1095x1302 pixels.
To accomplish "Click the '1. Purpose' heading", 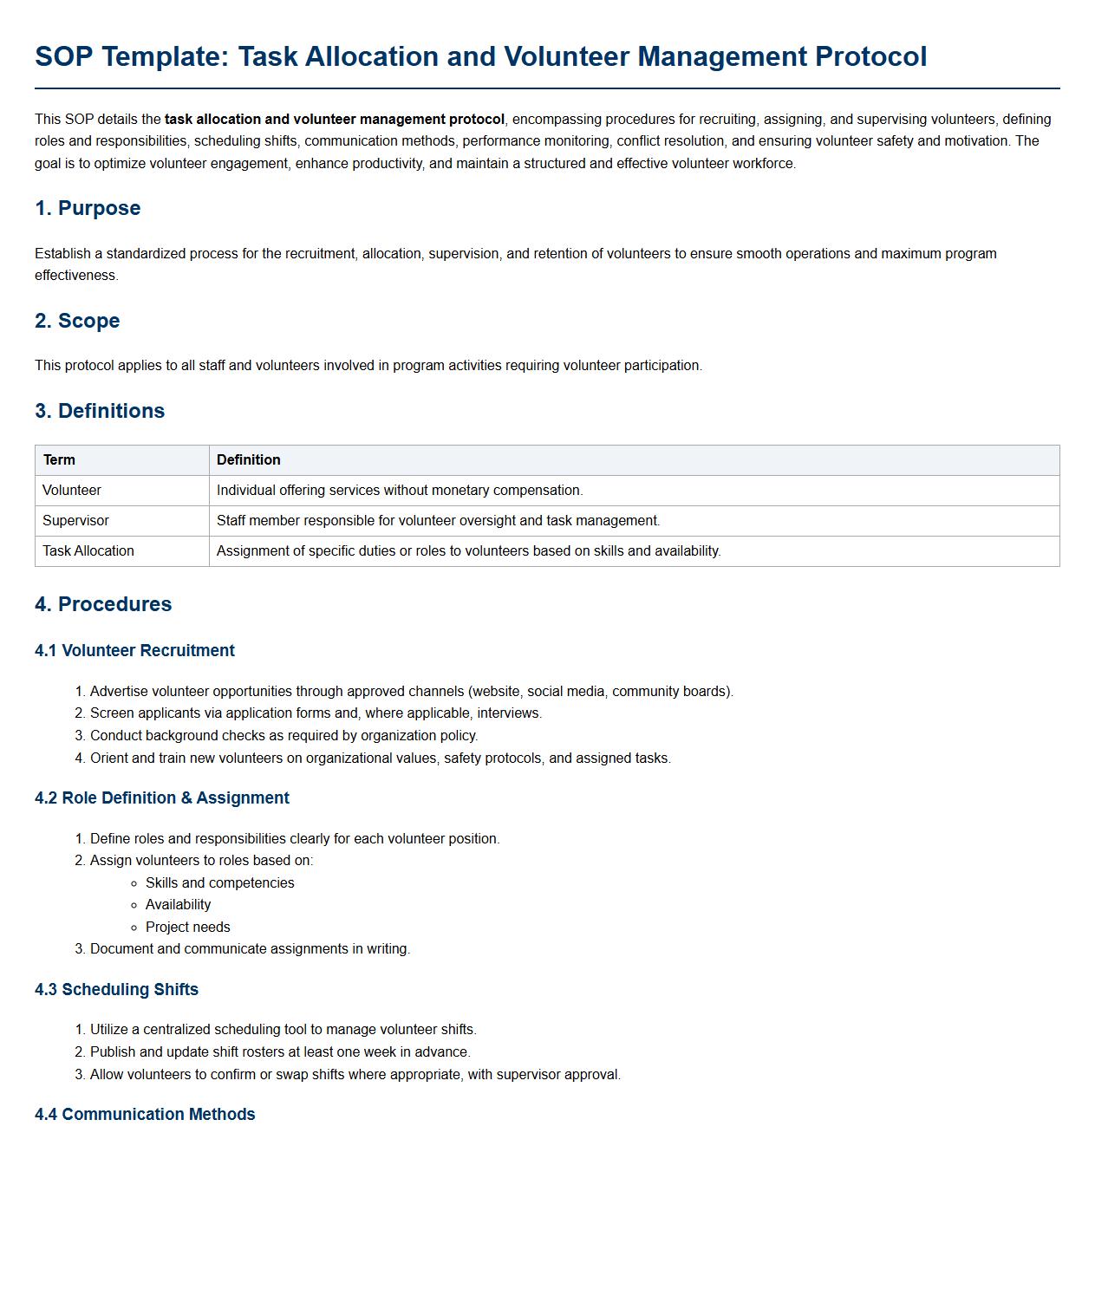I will (88, 208).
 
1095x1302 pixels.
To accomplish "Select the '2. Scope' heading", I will (77, 321).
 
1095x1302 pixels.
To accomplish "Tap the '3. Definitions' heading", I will (100, 411).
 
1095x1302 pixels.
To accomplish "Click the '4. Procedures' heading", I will (103, 604).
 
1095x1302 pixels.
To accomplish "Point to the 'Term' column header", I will (59, 460).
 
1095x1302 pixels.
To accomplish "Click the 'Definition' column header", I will (249, 460).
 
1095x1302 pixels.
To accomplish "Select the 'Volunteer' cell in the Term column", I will (72, 491).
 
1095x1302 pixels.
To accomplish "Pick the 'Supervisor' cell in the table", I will (75, 521).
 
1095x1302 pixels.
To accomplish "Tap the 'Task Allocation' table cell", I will (88, 551).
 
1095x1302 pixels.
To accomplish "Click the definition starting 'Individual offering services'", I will (400, 491).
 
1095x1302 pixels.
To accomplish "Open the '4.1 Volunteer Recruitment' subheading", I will (134, 651).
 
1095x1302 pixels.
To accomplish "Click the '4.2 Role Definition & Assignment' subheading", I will (162, 798).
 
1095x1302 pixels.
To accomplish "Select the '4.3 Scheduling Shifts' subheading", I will (116, 990).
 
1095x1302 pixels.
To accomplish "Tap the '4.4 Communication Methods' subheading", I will (145, 1115).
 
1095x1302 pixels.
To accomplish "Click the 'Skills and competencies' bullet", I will (220, 883).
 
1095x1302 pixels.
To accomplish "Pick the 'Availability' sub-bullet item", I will (179, 905).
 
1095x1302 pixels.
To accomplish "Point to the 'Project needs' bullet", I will (188, 928).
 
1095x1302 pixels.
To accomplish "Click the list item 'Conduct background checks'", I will (284, 736).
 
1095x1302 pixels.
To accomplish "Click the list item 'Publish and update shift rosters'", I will (280, 1052).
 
